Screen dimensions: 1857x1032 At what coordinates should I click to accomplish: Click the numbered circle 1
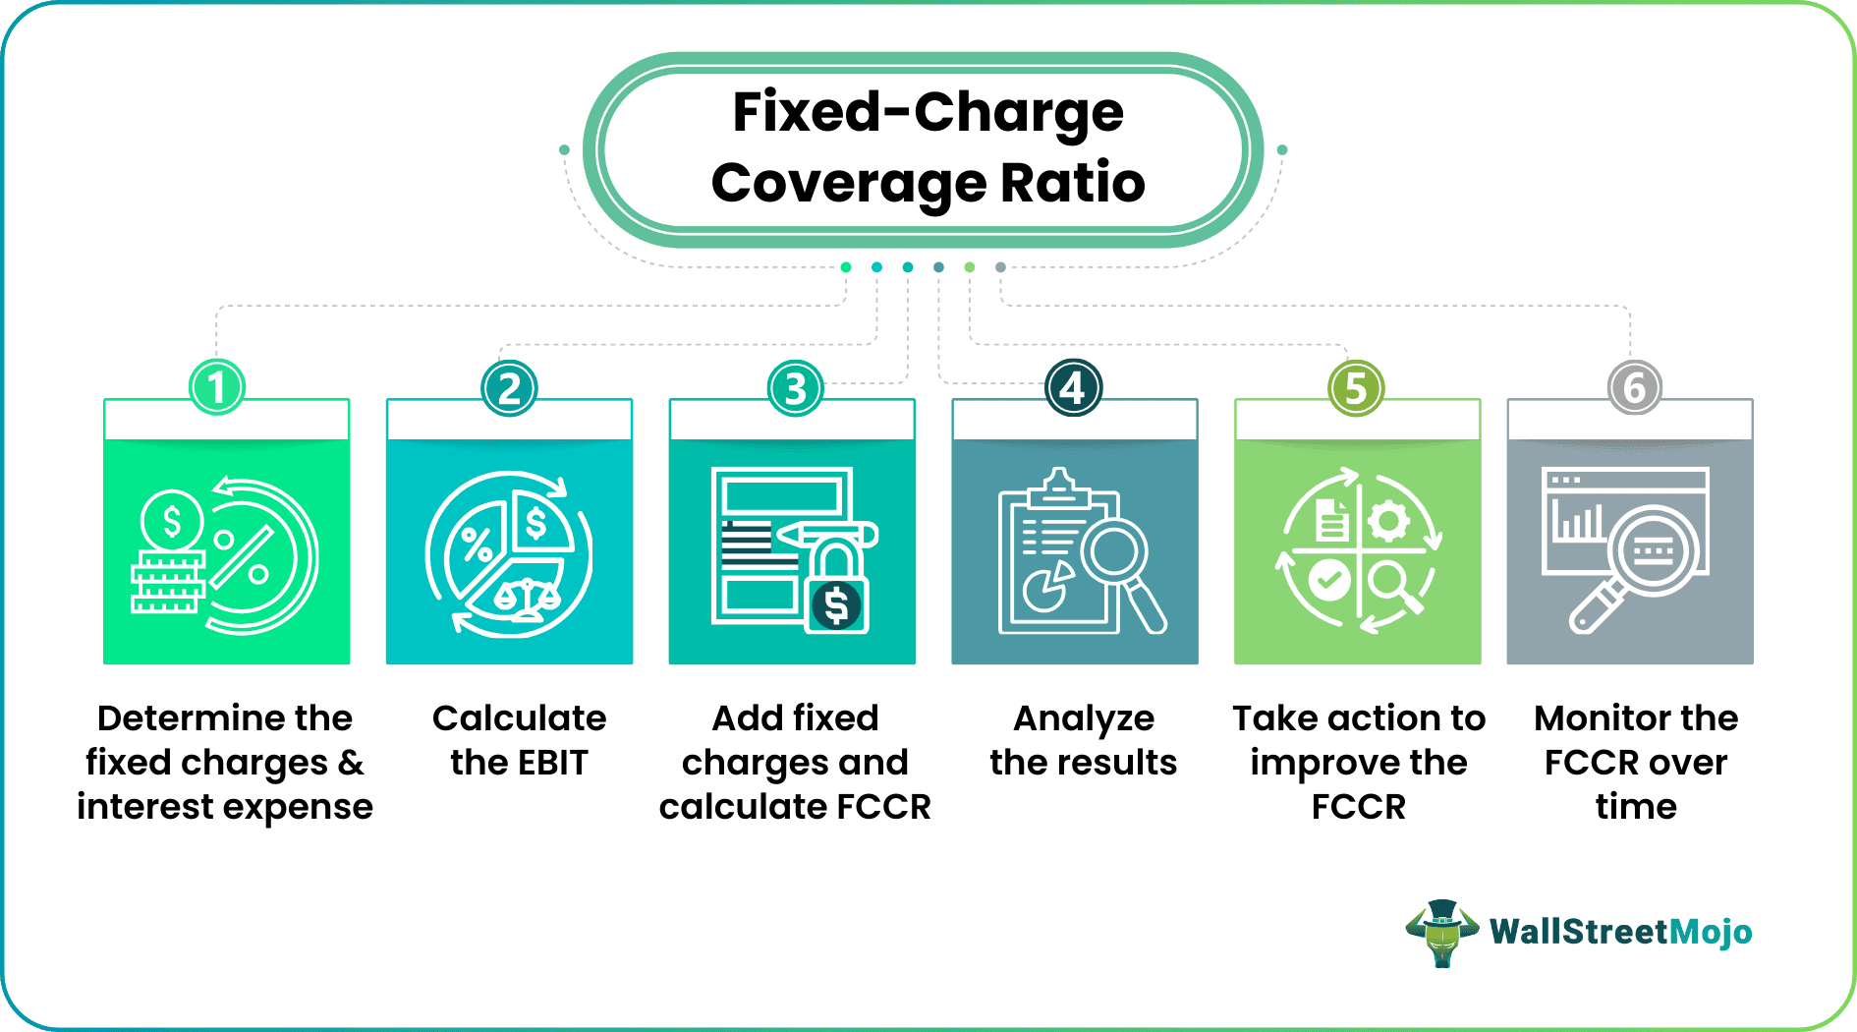tap(217, 387)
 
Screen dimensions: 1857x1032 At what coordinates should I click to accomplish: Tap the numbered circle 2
tap(509, 387)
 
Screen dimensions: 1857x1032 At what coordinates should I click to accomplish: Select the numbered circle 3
tap(795, 387)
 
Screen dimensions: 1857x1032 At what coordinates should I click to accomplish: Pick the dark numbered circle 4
tap(1073, 387)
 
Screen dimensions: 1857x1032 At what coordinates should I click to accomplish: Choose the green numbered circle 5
tap(1356, 387)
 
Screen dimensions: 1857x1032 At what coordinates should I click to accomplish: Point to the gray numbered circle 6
tap(1635, 387)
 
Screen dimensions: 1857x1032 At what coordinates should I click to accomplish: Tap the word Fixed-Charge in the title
tap(928, 112)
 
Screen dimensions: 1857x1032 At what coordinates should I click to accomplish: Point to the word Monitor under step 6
tap(1599, 718)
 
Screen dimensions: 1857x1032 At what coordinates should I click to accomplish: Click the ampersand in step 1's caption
tap(351, 763)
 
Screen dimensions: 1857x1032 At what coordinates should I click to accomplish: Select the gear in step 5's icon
tap(1388, 521)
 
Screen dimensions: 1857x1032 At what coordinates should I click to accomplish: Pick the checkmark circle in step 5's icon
tap(1328, 581)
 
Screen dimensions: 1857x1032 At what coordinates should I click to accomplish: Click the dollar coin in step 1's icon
tap(172, 521)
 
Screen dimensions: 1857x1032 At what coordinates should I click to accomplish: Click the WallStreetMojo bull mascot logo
tap(1441, 933)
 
